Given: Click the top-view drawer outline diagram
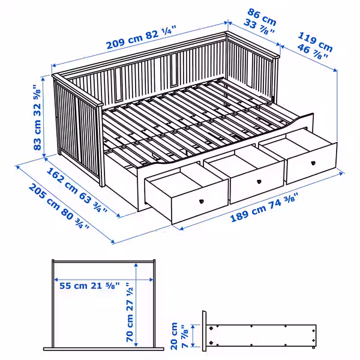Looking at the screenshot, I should [103, 306].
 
